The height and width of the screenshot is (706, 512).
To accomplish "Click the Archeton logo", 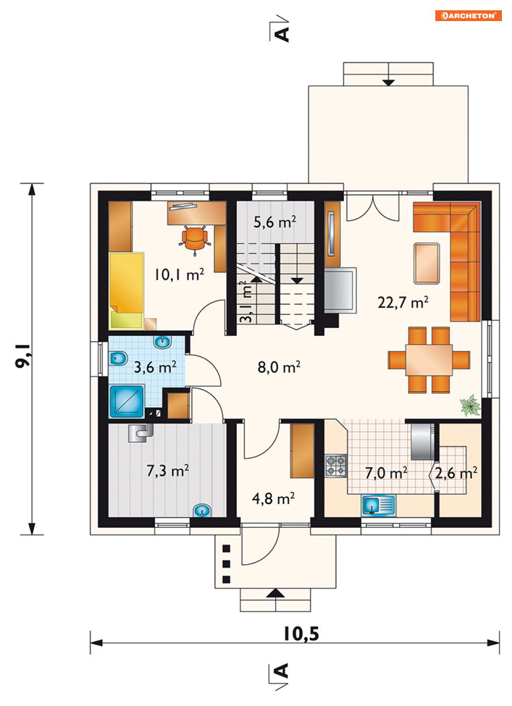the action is [468, 15].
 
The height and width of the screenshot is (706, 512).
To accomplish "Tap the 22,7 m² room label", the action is [403, 303].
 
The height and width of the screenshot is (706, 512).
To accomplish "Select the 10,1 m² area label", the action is [179, 274].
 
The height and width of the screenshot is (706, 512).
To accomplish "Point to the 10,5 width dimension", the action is [302, 634].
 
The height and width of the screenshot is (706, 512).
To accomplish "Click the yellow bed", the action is [126, 291].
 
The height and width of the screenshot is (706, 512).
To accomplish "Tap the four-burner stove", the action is [336, 465].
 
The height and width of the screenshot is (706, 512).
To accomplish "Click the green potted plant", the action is [470, 405].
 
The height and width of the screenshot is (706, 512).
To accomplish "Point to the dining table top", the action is [429, 360].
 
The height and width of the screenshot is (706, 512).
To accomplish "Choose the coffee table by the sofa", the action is [427, 263].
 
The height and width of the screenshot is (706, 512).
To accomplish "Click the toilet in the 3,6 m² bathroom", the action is [118, 358].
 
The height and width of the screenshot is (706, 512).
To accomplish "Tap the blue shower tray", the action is [127, 401].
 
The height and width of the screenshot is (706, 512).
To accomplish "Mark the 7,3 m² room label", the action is [168, 471].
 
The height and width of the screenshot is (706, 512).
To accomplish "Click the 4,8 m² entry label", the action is [273, 498].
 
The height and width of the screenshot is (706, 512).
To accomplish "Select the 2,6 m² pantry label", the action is [456, 473].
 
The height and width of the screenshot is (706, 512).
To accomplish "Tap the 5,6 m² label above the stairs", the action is [275, 222].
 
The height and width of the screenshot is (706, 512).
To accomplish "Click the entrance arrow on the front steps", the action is [276, 593].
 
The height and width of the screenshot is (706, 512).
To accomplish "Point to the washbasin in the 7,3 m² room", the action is [202, 511].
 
